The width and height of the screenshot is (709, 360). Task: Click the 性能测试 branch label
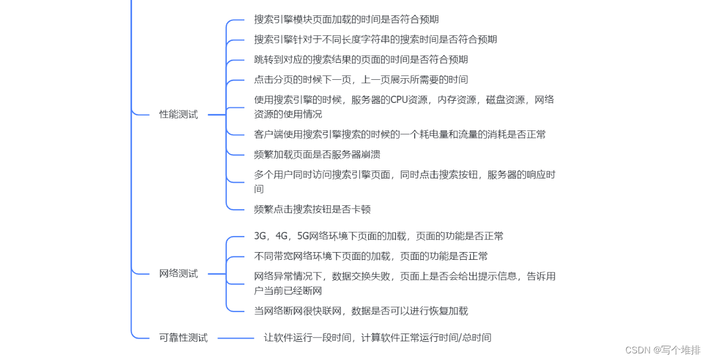(178, 114)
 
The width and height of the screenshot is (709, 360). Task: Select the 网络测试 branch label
(178, 274)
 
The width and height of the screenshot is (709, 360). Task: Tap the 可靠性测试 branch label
(183, 337)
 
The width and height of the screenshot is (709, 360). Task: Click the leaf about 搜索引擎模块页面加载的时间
(346, 19)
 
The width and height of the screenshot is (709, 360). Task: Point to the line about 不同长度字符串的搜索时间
(375, 39)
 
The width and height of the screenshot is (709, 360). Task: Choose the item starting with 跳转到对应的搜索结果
(361, 59)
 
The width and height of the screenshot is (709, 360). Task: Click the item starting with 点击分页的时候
(361, 79)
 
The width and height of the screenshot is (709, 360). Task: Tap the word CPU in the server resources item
(397, 100)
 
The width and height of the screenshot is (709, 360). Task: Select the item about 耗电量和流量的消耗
(400, 134)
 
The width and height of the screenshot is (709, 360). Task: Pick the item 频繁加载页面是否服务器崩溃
(317, 154)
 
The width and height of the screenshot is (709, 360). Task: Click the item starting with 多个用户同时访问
(405, 175)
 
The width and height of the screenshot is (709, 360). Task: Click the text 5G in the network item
(303, 236)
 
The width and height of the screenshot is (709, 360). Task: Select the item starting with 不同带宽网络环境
(370, 256)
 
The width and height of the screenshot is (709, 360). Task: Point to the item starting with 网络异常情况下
(405, 276)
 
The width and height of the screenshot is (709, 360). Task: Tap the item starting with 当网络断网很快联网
(361, 311)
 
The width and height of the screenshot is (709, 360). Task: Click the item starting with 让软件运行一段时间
(377, 337)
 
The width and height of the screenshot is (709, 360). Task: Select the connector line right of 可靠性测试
(236, 338)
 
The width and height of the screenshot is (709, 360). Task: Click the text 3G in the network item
(260, 236)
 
